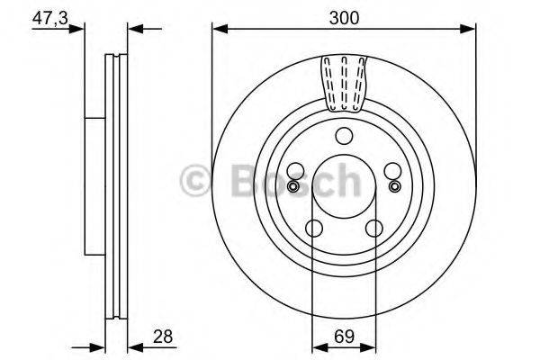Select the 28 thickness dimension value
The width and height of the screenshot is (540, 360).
click(x=163, y=337)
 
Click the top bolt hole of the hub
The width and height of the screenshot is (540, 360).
click(x=343, y=136)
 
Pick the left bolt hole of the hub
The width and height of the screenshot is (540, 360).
click(x=296, y=171)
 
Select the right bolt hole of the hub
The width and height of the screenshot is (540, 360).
click(x=390, y=171)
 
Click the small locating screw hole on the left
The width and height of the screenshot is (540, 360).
click(x=292, y=186)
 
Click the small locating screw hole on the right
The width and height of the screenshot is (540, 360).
click(x=394, y=186)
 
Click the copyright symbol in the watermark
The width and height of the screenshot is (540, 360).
click(x=196, y=180)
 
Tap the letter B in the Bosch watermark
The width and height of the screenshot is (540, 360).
click(x=236, y=180)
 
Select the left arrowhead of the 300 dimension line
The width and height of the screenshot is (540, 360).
click(x=218, y=30)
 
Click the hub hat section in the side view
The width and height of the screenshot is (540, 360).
click(x=94, y=180)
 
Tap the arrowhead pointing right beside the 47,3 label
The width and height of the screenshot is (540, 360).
click(x=91, y=30)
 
